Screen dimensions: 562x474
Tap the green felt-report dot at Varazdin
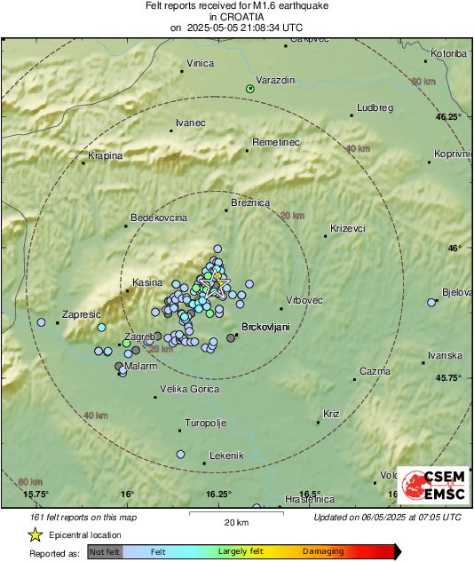(250, 89)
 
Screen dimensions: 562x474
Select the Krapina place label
(105, 155)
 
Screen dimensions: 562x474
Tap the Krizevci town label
(347, 228)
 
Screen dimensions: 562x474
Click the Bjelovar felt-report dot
(432, 302)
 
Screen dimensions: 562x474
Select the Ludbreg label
(374, 107)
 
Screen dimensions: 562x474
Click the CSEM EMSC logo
(430, 488)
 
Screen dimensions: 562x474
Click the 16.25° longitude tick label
(218, 494)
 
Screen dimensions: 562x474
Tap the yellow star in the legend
(35, 534)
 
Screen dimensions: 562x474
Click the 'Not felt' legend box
(106, 552)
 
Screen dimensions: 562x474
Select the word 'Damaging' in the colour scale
(323, 552)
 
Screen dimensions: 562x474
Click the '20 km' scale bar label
(236, 521)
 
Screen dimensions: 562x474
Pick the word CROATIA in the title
(236, 16)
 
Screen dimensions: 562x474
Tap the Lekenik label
(225, 455)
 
